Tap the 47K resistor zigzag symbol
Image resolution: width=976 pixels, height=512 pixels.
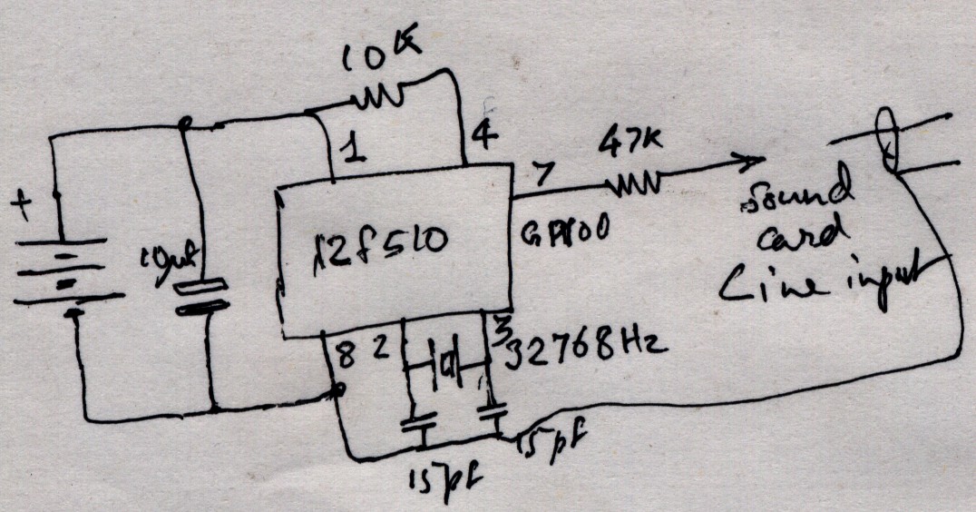[x=636, y=186]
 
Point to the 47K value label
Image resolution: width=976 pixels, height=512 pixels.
[x=626, y=143]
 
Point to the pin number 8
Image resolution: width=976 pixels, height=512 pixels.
[x=344, y=357]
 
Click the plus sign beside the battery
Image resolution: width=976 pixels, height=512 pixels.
[x=19, y=204]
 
